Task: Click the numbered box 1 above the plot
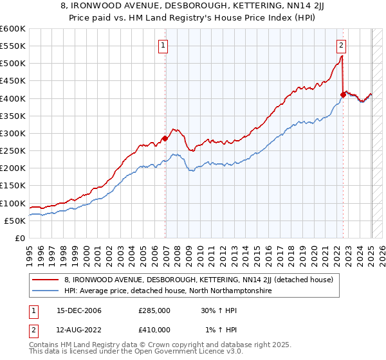click(x=163, y=45)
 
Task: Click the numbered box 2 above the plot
click(x=341, y=45)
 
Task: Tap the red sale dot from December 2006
click(x=165, y=138)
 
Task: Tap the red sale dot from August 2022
click(x=343, y=94)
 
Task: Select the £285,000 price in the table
click(x=154, y=310)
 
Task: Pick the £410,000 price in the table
click(x=154, y=330)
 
